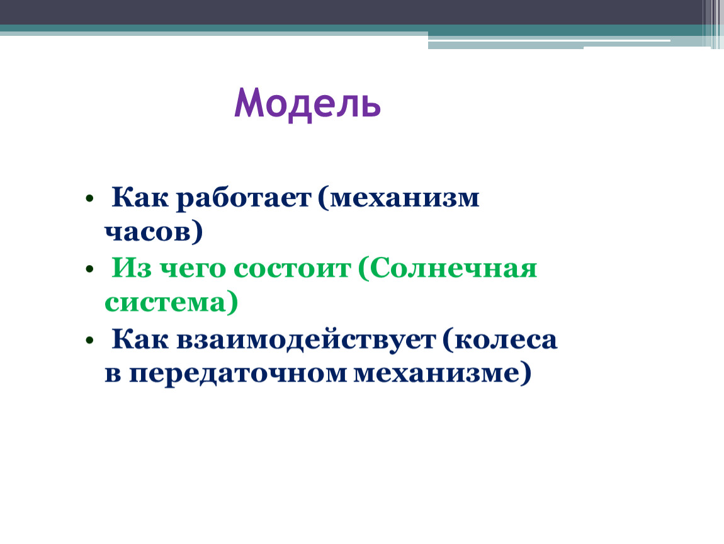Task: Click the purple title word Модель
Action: (307, 105)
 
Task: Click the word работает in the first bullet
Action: (244, 198)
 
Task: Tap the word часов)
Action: (154, 232)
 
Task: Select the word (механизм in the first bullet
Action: (399, 198)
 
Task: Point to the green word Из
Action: (132, 268)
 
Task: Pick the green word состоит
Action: (292, 268)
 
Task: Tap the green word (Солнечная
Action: (448, 268)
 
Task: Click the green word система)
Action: (171, 302)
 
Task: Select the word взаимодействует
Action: (306, 339)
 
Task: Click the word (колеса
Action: (500, 339)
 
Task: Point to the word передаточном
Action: (238, 374)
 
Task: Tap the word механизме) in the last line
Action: (443, 373)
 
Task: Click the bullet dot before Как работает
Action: (89, 198)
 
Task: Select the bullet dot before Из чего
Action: (89, 269)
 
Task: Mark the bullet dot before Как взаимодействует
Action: (89, 341)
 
